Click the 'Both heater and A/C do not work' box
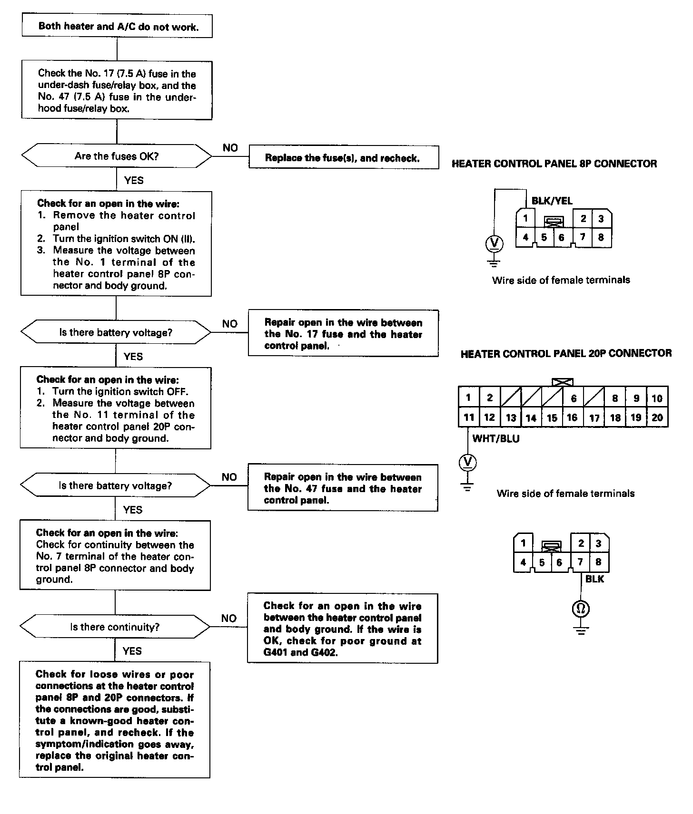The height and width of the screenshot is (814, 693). pyautogui.click(x=117, y=26)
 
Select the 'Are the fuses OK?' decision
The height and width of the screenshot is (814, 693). pyautogui.click(x=117, y=156)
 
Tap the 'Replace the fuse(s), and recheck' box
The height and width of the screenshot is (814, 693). pyautogui.click(x=343, y=158)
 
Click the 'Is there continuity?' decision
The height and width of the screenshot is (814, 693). pyautogui.click(x=115, y=627)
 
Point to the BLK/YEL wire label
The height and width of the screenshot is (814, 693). pyautogui.click(x=552, y=201)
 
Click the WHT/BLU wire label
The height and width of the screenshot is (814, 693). pyautogui.click(x=495, y=438)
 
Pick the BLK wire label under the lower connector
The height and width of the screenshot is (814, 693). pyautogui.click(x=594, y=579)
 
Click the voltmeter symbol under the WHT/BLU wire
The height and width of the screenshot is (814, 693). pyautogui.click(x=468, y=462)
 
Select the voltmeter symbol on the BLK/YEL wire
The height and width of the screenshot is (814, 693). pyautogui.click(x=494, y=244)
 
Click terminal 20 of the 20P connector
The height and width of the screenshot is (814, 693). pyautogui.click(x=657, y=417)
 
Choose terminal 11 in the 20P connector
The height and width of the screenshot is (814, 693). pyautogui.click(x=469, y=417)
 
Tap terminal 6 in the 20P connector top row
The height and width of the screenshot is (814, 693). pyautogui.click(x=574, y=398)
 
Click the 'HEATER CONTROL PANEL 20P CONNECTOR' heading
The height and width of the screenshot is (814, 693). pyautogui.click(x=566, y=353)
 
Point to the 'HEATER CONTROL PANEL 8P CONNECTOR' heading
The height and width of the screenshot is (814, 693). pyautogui.click(x=554, y=164)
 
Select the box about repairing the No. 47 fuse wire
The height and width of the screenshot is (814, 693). pyautogui.click(x=343, y=488)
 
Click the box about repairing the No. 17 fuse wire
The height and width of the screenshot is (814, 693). pyautogui.click(x=343, y=334)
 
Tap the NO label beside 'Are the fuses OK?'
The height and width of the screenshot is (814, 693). pyautogui.click(x=230, y=148)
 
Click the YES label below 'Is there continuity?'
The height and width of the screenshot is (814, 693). pyautogui.click(x=132, y=651)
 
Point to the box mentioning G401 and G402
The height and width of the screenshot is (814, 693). pyautogui.click(x=342, y=629)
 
